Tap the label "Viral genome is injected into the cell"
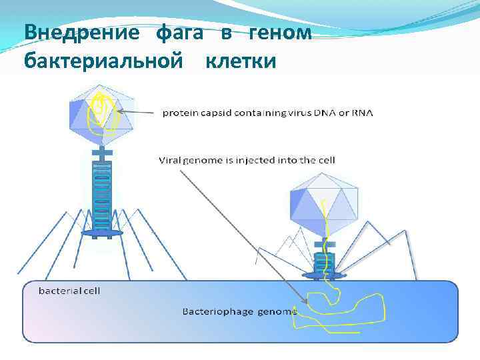(x=247, y=160)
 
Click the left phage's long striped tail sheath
(x=102, y=197)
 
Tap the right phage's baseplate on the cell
(x=325, y=274)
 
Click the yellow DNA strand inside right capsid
(x=326, y=213)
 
